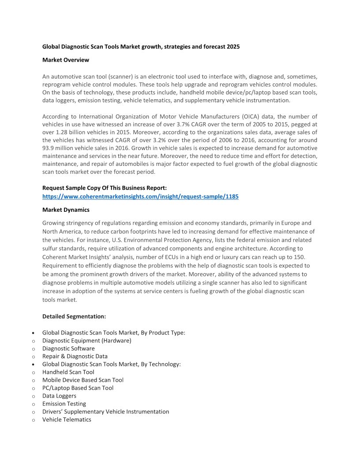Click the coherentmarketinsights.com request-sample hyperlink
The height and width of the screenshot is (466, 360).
[x=140, y=196]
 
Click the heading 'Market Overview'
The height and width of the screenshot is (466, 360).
[x=66, y=60]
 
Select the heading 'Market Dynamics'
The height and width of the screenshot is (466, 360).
[x=66, y=210]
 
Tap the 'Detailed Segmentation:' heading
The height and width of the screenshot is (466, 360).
[x=74, y=316]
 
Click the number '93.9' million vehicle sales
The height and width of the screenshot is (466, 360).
[x=49, y=148]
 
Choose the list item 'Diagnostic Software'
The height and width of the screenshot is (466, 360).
[x=68, y=348]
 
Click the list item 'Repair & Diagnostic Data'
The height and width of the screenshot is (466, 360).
[x=75, y=356]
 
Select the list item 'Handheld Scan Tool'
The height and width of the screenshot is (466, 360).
[x=68, y=372]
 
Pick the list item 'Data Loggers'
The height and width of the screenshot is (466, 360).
[x=59, y=396]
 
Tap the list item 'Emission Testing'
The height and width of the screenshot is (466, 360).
[x=64, y=404]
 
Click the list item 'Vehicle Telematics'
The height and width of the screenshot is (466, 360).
[x=67, y=420]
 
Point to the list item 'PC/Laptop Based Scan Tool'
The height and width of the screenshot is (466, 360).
[x=78, y=388]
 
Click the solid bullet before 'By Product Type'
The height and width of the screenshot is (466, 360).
[x=34, y=333]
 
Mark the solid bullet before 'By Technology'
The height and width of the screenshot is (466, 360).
[x=34, y=365]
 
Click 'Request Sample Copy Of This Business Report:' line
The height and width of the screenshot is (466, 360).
[x=105, y=188]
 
